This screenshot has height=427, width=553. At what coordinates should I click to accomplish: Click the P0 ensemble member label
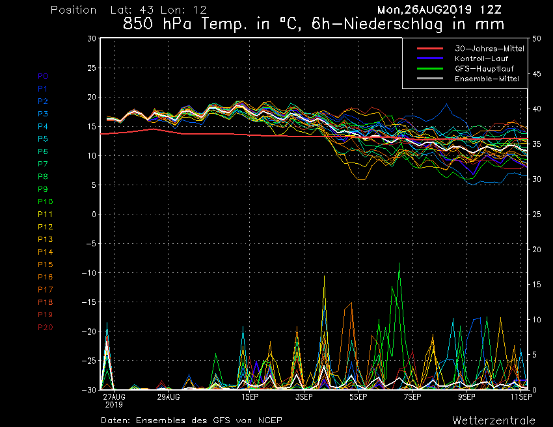43,76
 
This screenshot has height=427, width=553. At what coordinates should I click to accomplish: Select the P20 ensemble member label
45,328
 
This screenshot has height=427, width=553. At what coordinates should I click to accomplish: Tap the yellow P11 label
45,214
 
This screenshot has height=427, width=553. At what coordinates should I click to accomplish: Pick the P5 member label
43,139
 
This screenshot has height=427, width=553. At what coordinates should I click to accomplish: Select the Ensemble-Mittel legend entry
487,79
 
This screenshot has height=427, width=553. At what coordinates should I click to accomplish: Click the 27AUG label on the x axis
114,396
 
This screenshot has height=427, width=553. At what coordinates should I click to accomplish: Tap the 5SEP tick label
358,396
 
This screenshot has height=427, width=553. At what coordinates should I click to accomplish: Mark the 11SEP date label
519,396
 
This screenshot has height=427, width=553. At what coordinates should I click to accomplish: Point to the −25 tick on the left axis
90,361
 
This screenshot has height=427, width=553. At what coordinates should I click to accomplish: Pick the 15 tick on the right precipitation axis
537,285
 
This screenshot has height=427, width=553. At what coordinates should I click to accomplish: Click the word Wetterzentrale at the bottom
494,420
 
